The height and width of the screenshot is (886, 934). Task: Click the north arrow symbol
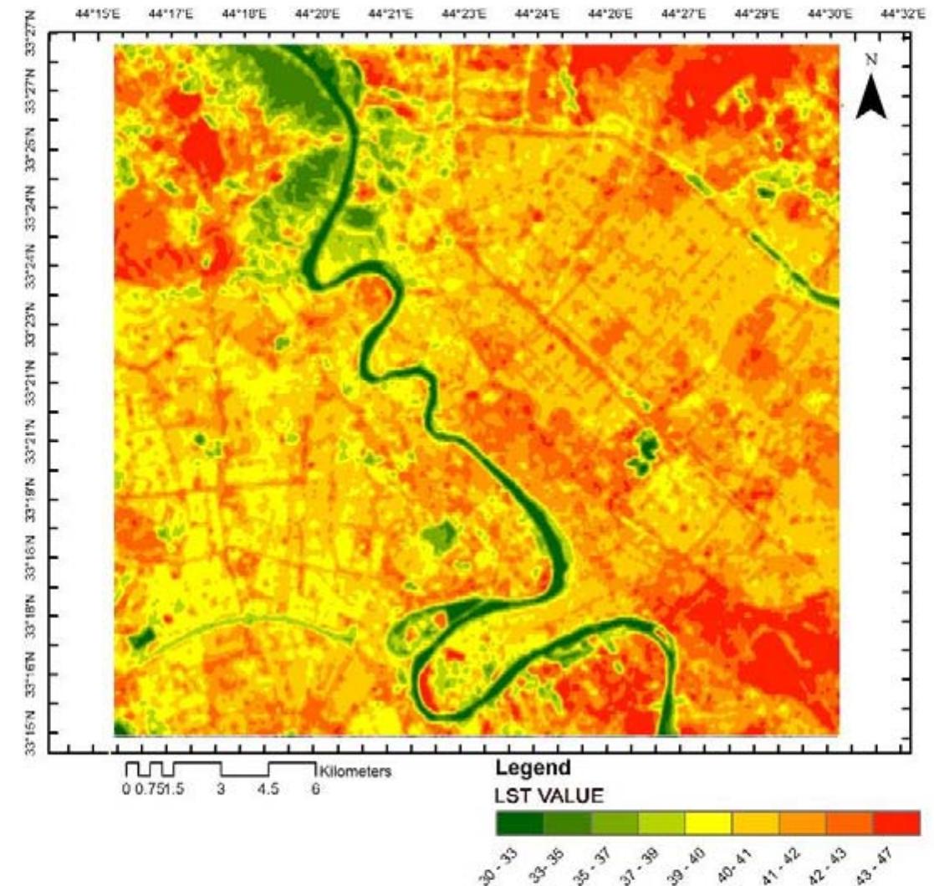pos(873,99)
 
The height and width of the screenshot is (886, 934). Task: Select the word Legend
pos(533,768)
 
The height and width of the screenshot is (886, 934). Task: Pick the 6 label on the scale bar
pos(315,789)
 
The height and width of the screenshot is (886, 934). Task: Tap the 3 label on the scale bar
pos(222,789)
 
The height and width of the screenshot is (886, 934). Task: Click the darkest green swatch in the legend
pos(519,823)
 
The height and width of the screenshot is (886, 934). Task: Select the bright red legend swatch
pos(896,823)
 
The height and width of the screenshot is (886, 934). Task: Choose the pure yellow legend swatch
pos(707,823)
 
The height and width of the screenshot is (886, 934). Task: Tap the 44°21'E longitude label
pos(388,14)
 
